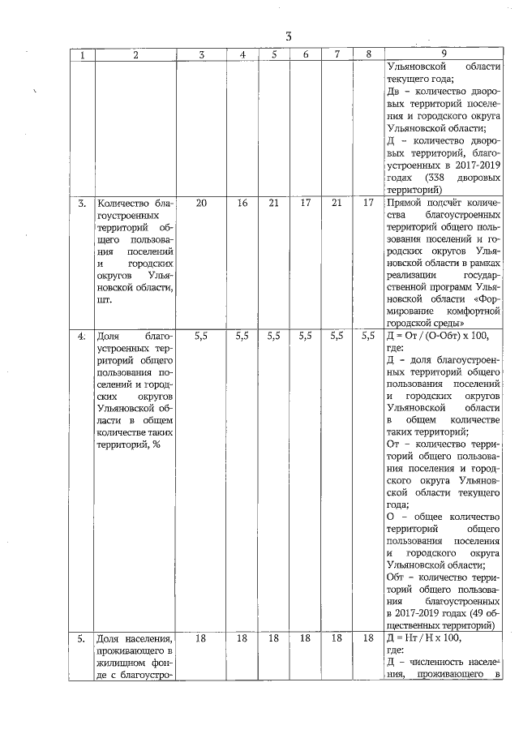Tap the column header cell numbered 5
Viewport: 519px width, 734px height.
point(275,54)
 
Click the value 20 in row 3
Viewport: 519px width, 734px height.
point(201,203)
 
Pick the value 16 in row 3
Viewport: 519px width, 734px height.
point(242,203)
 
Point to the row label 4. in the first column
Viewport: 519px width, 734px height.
point(82,333)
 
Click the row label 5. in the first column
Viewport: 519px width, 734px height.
point(82,638)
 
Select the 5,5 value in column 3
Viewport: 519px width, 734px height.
point(201,333)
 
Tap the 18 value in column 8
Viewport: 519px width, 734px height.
point(368,638)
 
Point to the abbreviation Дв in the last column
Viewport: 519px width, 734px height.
point(395,91)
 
